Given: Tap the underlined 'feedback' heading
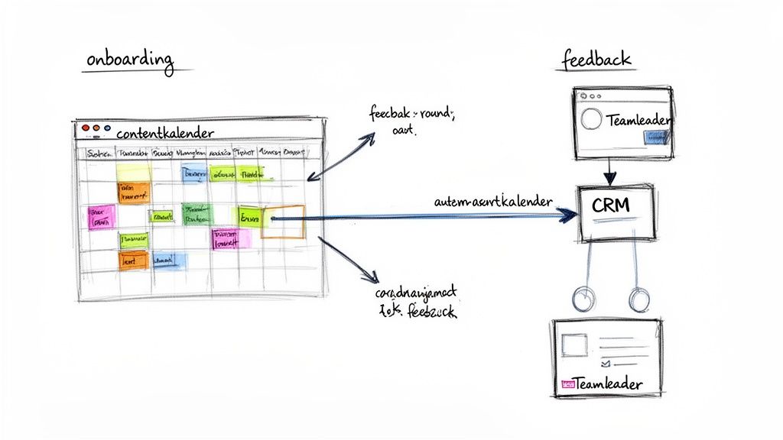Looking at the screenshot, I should coord(596,60).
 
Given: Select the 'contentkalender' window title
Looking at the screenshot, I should coord(165,133).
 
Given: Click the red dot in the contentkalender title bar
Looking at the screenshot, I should coord(85,130).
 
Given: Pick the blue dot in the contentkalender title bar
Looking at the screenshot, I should coord(107,130).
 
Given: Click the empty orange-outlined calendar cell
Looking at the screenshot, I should coord(283,222).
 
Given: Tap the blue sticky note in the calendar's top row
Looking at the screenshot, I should coord(193,173).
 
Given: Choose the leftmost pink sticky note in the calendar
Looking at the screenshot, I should coord(101,217).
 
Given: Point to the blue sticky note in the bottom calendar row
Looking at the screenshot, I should coord(170,260).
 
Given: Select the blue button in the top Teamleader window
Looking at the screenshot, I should coord(656,137).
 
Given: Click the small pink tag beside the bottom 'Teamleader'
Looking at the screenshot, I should coord(567,385).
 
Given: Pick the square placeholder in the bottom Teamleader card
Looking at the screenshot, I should coord(575,345).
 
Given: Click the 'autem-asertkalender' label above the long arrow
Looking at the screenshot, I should coord(492,202).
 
